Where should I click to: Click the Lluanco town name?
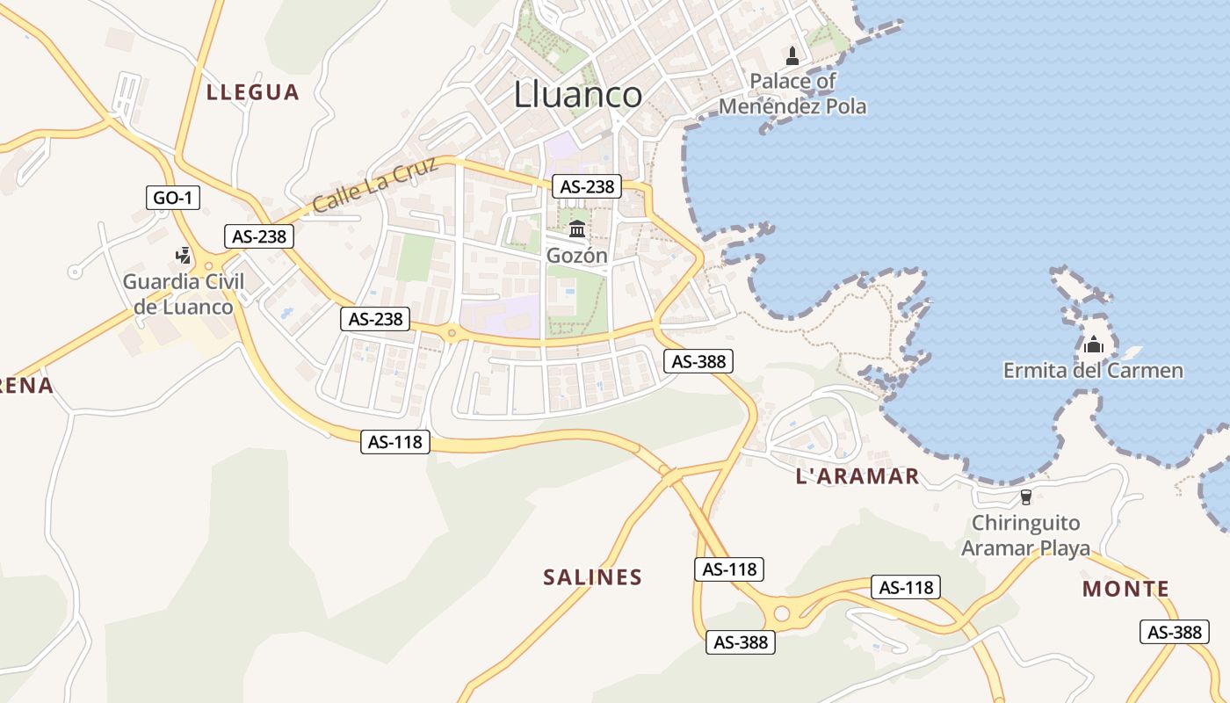tap(577, 95)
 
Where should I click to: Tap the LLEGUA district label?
tap(253, 92)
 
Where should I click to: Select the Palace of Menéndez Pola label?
tap(792, 94)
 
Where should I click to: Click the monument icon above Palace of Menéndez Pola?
tap(792, 56)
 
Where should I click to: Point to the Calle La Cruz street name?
tap(375, 186)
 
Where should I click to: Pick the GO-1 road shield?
tap(173, 198)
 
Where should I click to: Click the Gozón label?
tap(577, 256)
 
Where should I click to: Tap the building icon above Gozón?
tap(577, 229)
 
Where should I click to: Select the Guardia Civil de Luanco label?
tap(183, 294)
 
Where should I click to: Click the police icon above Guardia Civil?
tap(183, 256)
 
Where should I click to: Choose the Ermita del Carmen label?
tap(1093, 371)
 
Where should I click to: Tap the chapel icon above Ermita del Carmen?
tap(1093, 344)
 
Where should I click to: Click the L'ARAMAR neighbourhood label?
tap(857, 477)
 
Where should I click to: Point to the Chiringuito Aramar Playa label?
tap(1025, 536)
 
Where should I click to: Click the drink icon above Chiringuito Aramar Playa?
tap(1025, 498)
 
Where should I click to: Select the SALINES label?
tap(593, 577)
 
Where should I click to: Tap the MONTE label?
tap(1125, 589)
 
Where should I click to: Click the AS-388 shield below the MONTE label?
tap(1175, 632)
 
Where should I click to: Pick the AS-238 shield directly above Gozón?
tap(587, 186)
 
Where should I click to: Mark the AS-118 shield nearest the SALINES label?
tap(729, 569)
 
